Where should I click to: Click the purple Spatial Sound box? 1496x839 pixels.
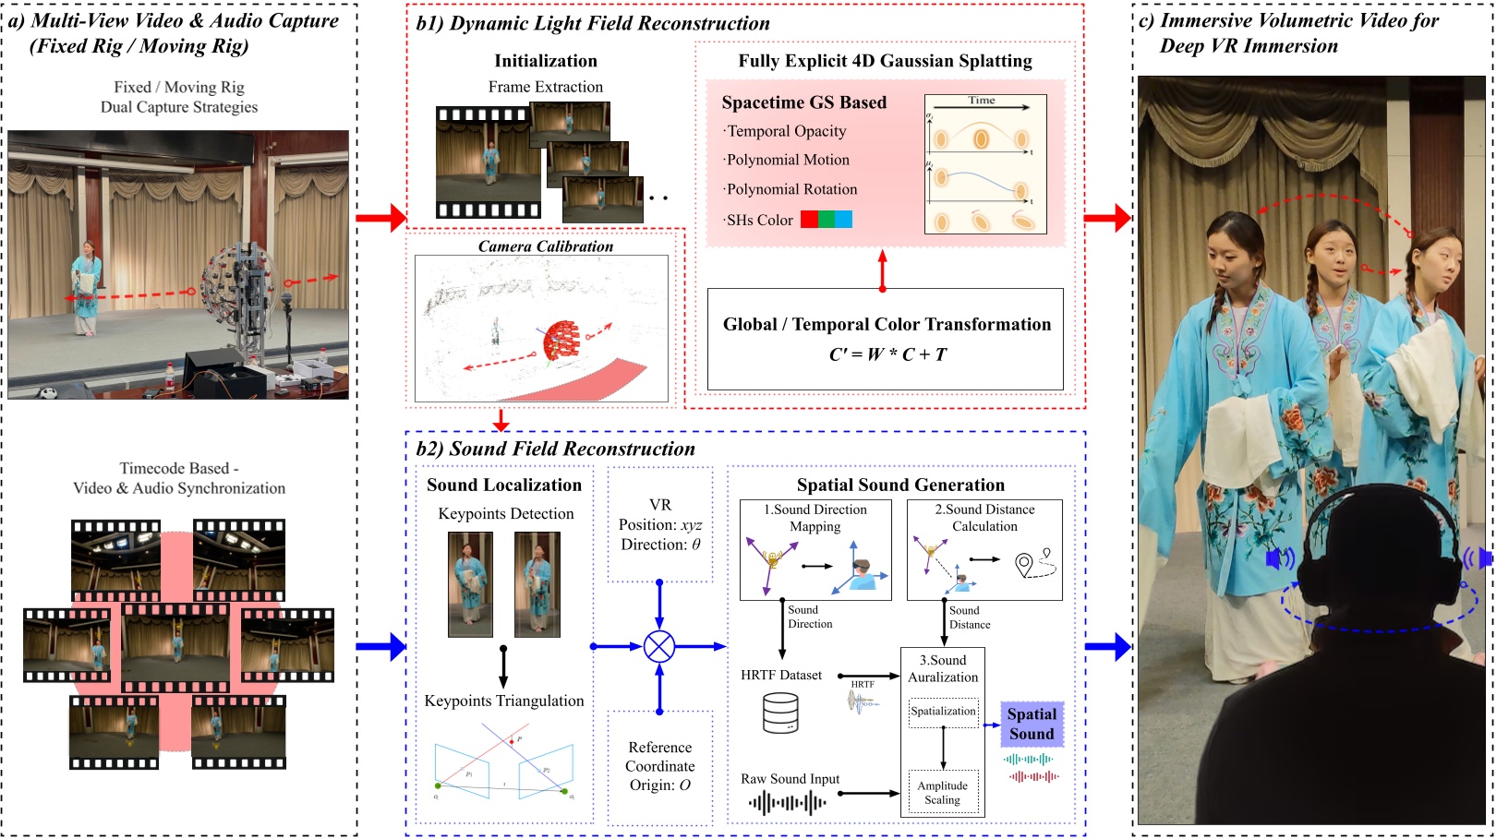(1032, 724)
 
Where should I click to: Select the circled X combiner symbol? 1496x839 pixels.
(659, 646)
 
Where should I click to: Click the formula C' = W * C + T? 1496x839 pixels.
(887, 354)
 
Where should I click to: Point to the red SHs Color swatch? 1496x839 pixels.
(809, 220)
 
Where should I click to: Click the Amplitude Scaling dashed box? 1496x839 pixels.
(942, 793)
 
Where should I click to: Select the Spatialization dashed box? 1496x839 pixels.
(943, 712)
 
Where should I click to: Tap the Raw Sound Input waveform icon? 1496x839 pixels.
(788, 803)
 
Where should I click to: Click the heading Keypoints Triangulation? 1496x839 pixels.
(504, 701)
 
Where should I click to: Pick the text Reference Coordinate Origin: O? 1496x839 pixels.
(659, 766)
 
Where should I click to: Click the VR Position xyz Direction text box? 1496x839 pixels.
(659, 524)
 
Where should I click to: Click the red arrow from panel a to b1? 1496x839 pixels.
(380, 218)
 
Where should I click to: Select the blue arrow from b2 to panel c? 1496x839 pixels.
(1108, 646)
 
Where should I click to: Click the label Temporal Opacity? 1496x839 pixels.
(786, 131)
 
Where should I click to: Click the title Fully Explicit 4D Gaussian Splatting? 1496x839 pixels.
(885, 61)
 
